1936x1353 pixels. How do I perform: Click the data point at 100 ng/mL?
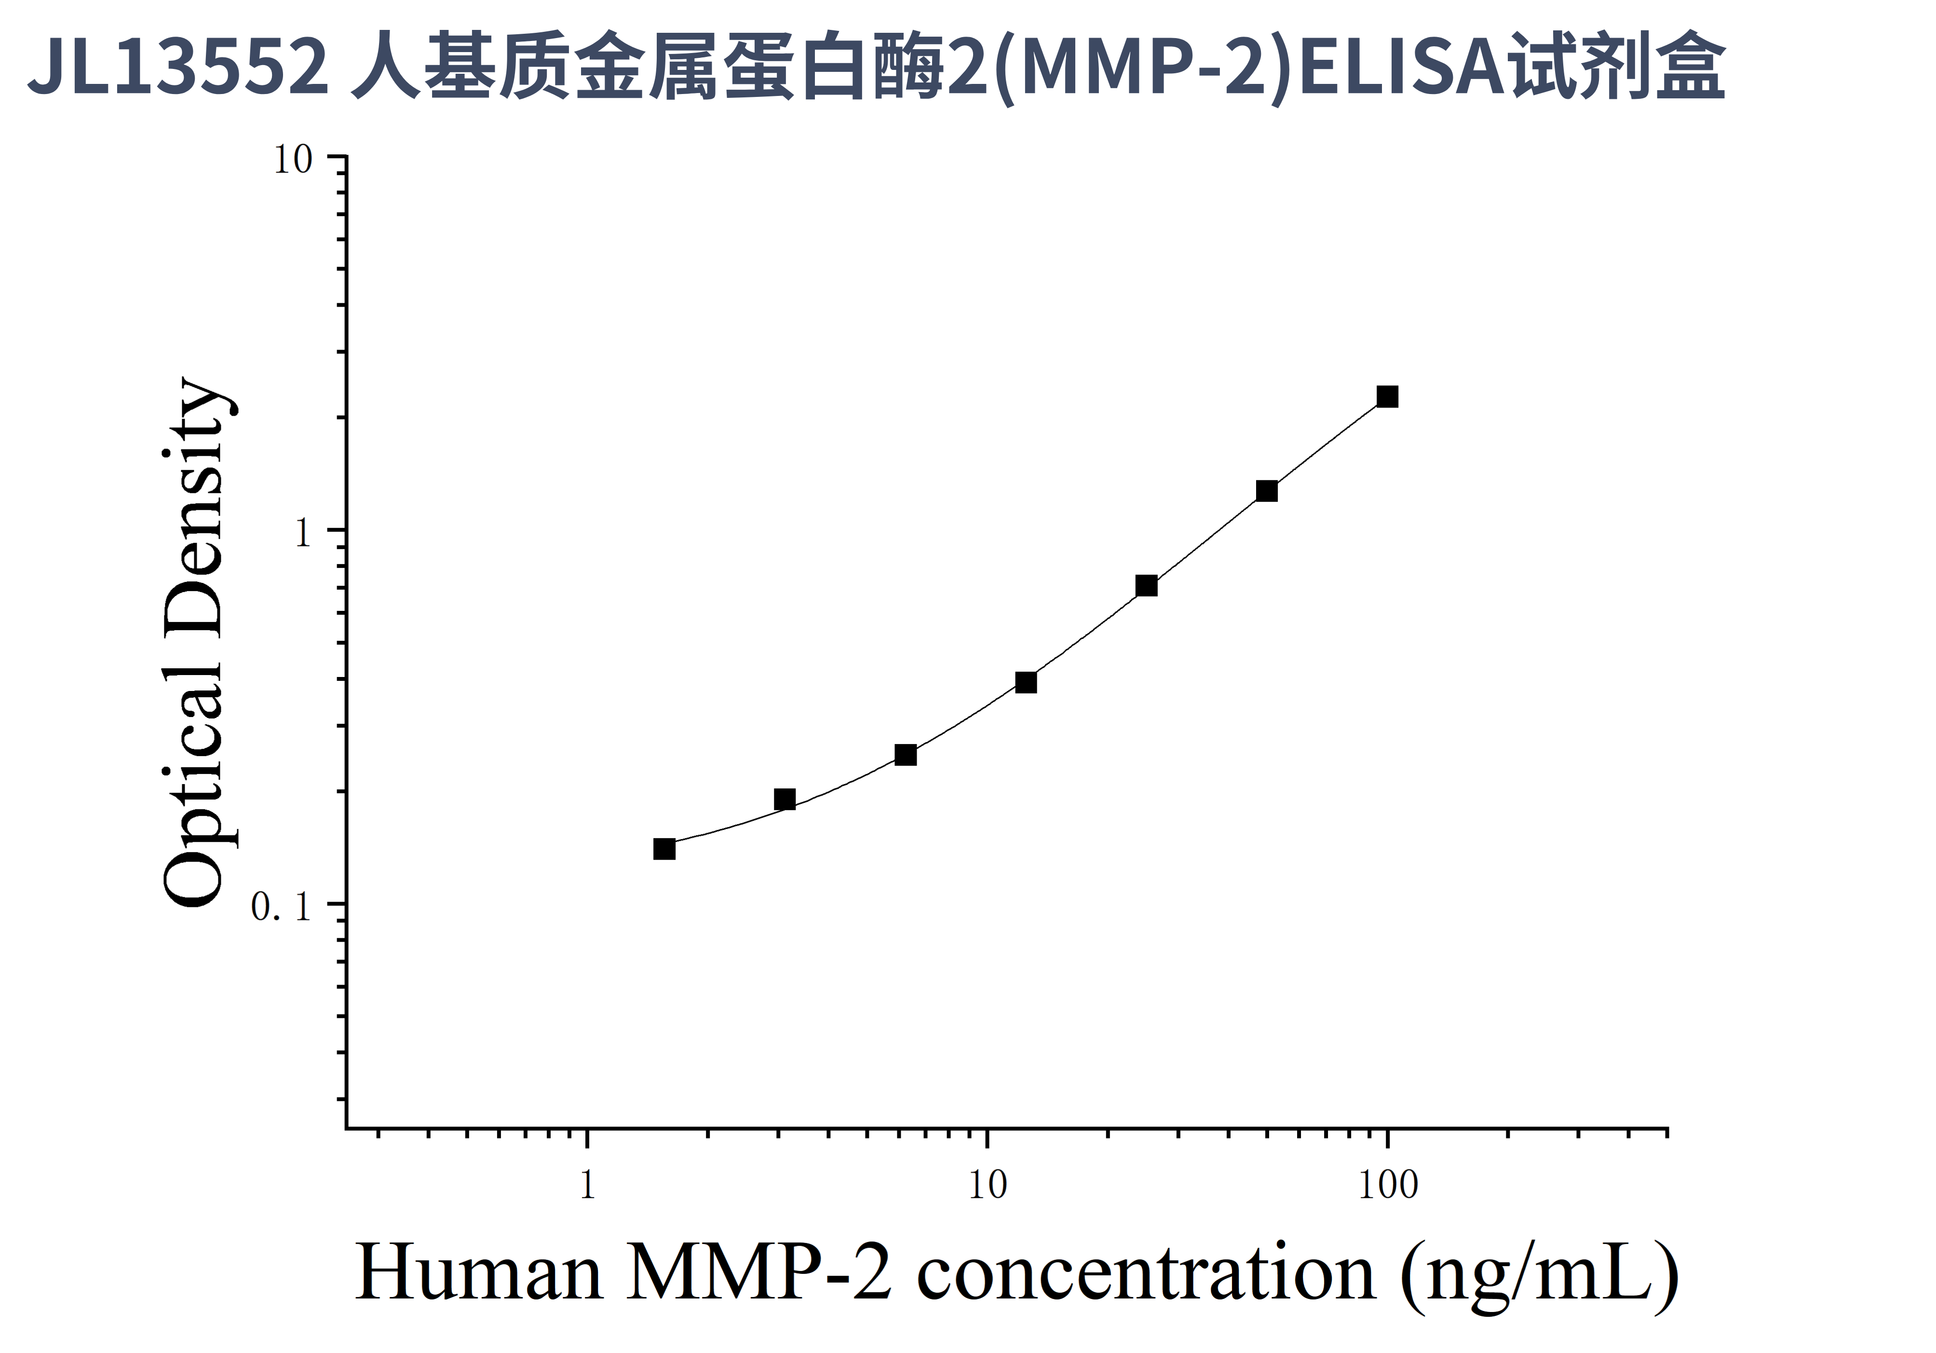click(x=1387, y=396)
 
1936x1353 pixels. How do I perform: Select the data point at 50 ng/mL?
click(x=1267, y=491)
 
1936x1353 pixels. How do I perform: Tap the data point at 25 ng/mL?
click(x=1146, y=586)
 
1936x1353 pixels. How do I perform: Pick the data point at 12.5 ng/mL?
click(x=1025, y=682)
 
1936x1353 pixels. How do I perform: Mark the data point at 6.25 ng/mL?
click(x=906, y=755)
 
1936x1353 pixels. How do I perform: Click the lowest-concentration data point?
click(x=664, y=849)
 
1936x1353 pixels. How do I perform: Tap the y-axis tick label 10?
click(x=293, y=159)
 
